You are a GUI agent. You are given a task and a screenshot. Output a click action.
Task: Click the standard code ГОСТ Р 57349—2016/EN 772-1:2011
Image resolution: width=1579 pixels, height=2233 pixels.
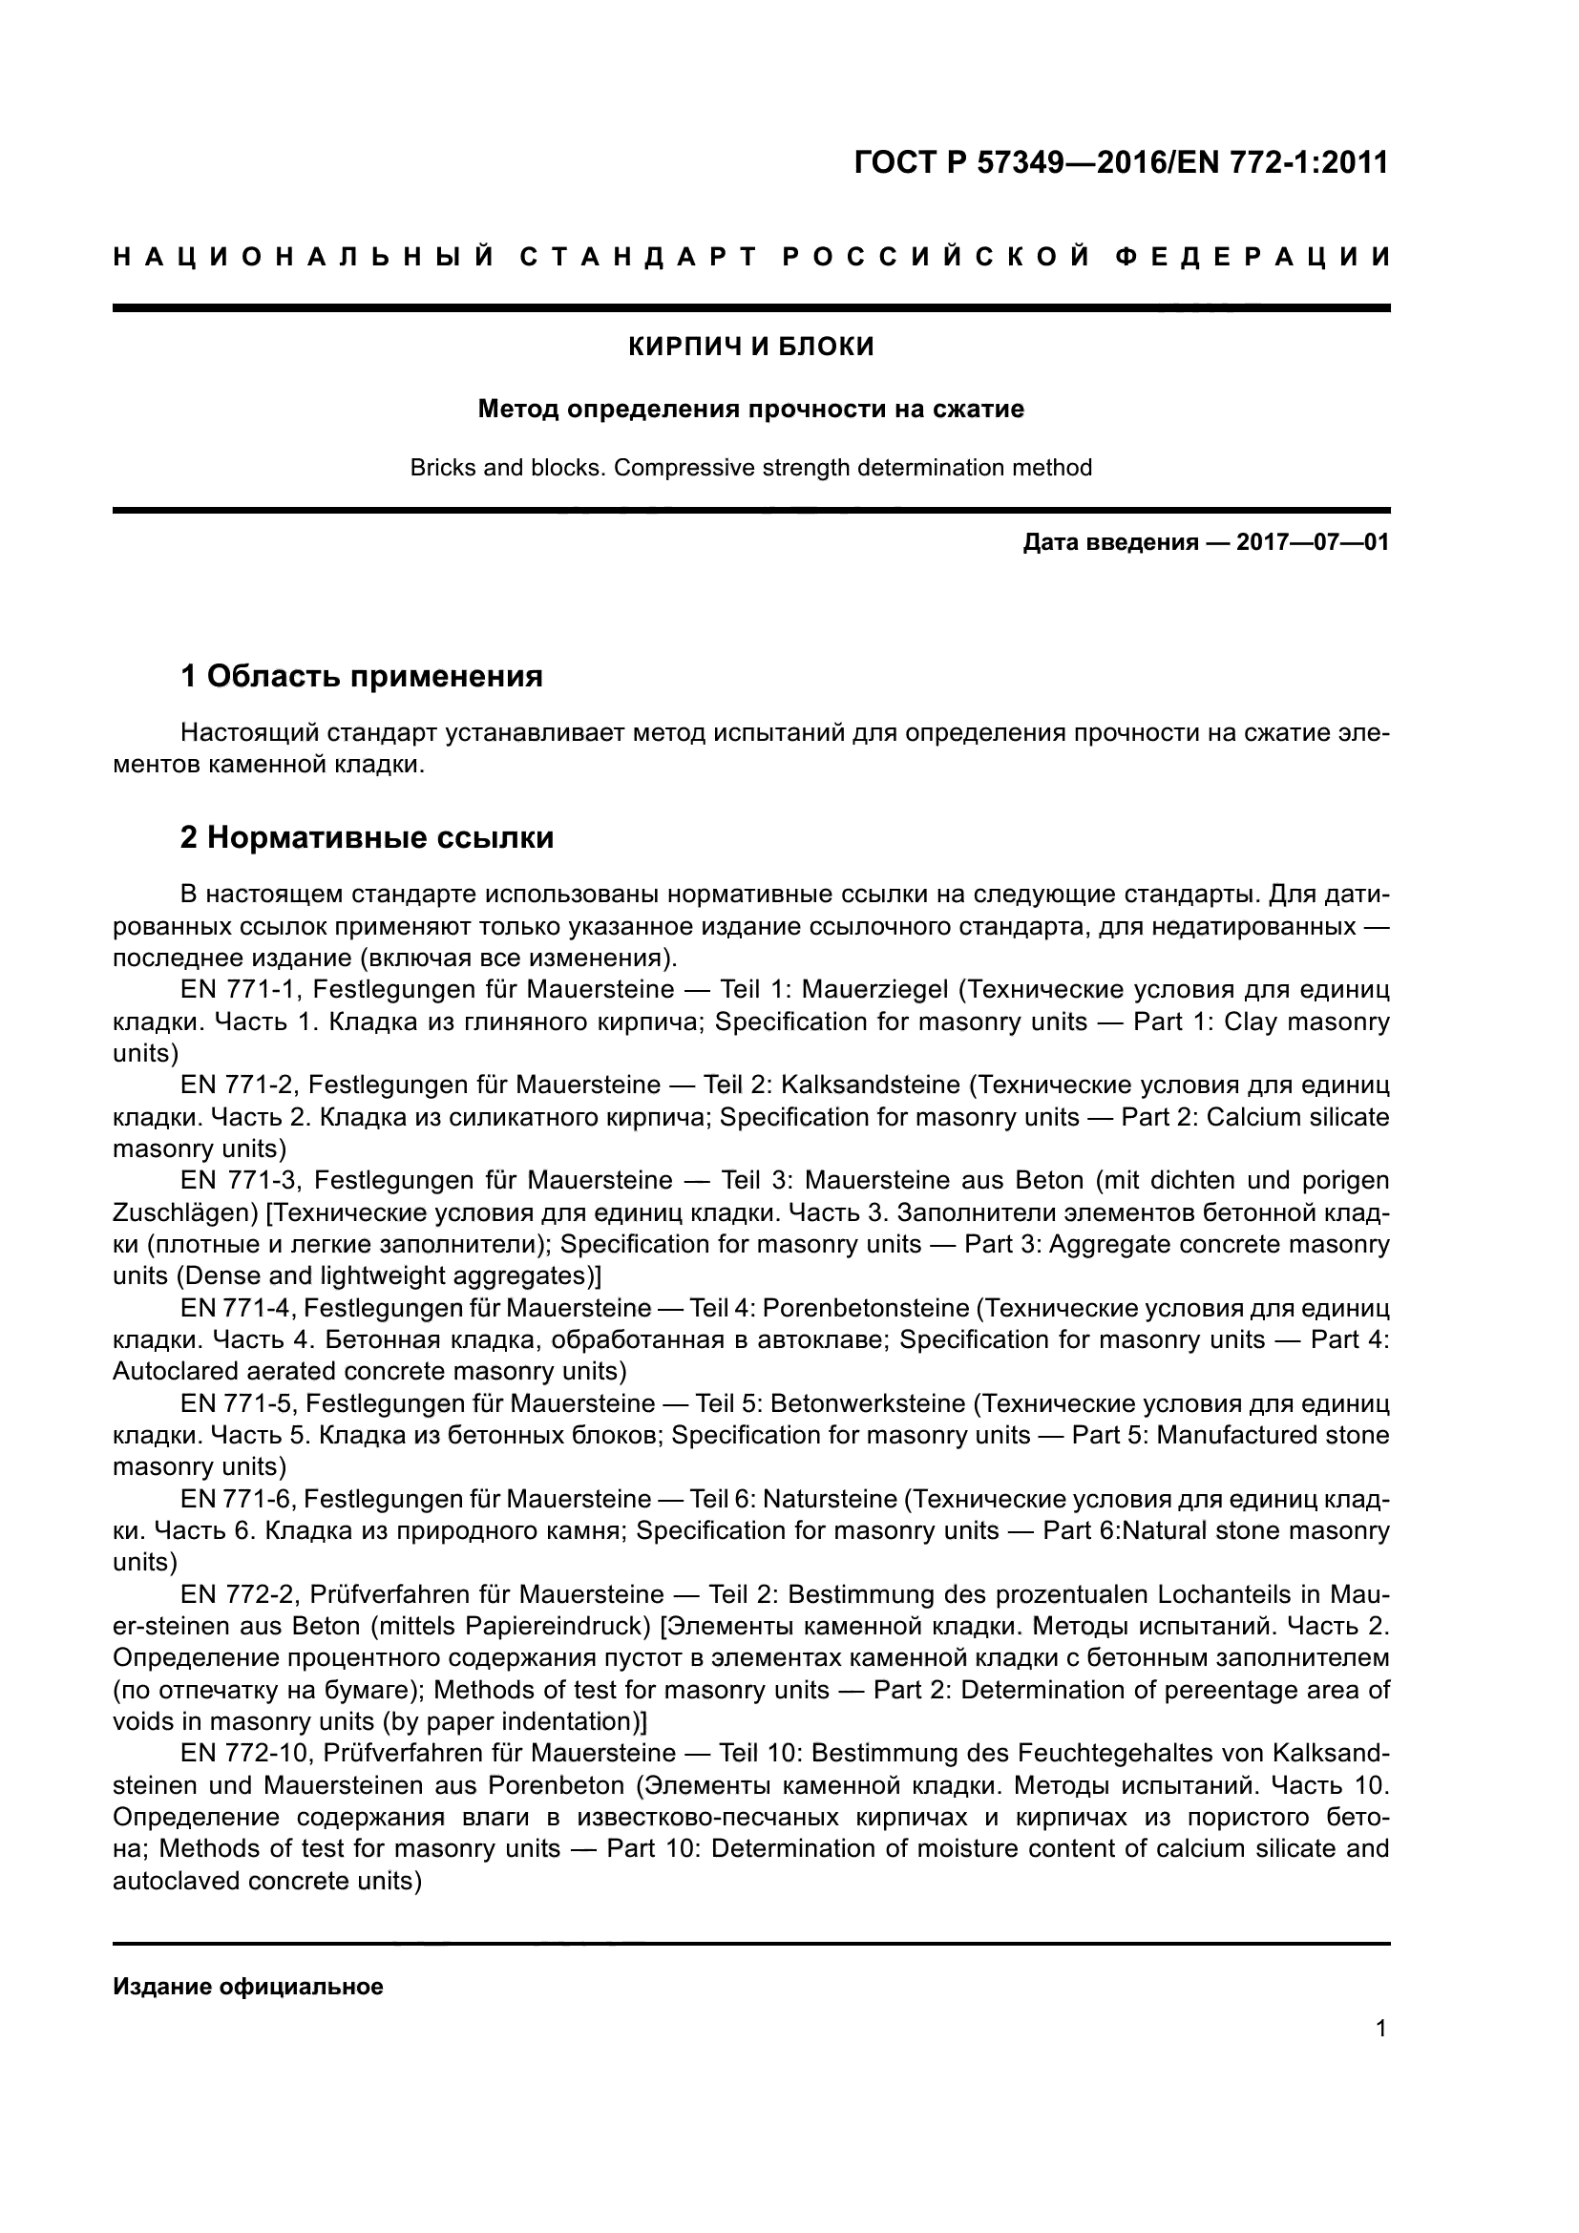coord(1121,162)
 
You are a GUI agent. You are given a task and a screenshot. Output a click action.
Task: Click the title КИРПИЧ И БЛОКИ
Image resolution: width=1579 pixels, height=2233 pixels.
coord(750,347)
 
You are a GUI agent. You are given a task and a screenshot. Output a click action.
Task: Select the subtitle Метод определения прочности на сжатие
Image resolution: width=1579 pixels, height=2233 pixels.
coord(750,410)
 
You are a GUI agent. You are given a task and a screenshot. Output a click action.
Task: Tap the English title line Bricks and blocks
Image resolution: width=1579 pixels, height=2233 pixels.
coord(750,468)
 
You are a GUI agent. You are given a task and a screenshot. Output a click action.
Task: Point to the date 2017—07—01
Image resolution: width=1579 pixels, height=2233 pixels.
coord(1313,541)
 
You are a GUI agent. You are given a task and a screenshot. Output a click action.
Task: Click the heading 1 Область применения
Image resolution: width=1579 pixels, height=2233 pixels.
coord(362,675)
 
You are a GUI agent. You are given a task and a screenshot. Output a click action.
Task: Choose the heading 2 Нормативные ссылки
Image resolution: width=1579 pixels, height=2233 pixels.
coord(367,836)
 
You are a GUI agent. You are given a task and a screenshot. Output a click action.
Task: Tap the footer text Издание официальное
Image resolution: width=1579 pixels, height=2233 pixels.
coord(248,1986)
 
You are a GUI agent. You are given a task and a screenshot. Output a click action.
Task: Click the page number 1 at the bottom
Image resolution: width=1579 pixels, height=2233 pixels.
coord(1381,2028)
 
